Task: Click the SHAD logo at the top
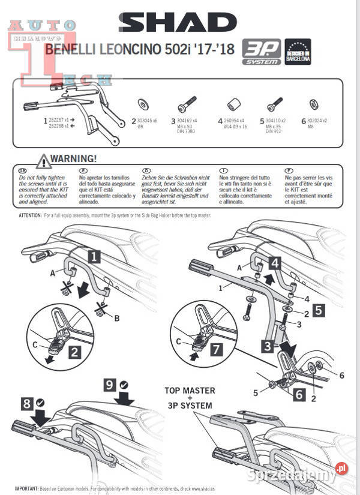point(178,23)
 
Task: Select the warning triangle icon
point(43,160)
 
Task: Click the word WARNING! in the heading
point(73,159)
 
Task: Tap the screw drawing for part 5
point(275,104)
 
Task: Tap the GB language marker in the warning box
point(23,170)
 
